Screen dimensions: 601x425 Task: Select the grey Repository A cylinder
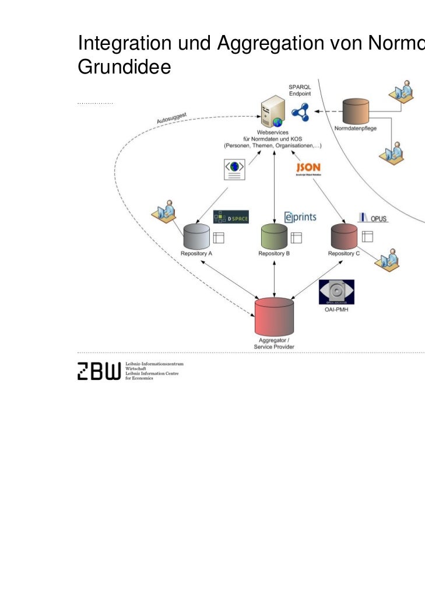pyautogui.click(x=196, y=236)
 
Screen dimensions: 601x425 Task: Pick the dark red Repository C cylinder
pyautogui.click(x=345, y=236)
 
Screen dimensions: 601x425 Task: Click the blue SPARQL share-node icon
pyautogui.click(x=301, y=111)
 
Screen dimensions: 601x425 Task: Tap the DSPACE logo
pyautogui.click(x=231, y=218)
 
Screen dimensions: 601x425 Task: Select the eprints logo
pyautogui.click(x=300, y=217)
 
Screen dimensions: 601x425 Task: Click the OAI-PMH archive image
pyautogui.click(x=336, y=292)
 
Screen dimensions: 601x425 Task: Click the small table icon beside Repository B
pyautogui.click(x=296, y=237)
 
